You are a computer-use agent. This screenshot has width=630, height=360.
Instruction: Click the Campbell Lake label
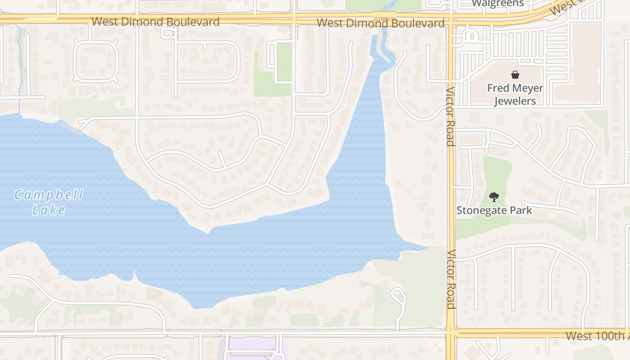coord(49,202)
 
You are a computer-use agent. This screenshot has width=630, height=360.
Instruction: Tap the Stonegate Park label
coord(494,210)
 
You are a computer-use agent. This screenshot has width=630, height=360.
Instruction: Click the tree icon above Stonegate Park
coord(494,197)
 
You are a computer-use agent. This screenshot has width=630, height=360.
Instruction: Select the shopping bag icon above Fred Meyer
coord(515,75)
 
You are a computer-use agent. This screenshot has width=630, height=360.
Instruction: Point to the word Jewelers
coord(515,101)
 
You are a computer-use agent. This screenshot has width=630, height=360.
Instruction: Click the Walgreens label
coord(498,4)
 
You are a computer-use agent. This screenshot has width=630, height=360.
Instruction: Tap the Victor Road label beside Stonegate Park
coord(451,279)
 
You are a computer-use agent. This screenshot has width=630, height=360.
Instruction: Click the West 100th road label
coord(597,336)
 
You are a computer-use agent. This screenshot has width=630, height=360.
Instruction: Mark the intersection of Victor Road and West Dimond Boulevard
coord(450,19)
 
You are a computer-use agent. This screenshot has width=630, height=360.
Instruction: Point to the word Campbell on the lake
coord(49,195)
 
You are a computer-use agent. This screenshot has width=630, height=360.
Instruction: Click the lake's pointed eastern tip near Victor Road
coord(425,247)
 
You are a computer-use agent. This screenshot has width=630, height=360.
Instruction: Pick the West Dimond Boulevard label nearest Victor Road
coord(380,22)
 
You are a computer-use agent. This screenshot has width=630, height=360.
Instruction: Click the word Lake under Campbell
coord(49,210)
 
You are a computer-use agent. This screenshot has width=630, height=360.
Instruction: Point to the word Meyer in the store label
coord(528,88)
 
